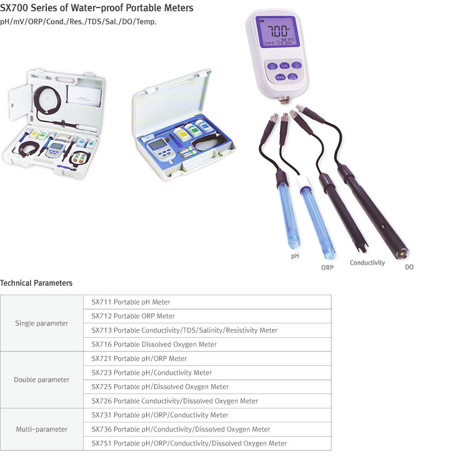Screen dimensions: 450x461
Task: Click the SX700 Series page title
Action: pyautogui.click(x=97, y=8)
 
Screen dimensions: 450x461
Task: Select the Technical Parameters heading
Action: pyautogui.click(x=36, y=283)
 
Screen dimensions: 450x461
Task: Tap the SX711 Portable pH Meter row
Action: pyautogui.click(x=131, y=302)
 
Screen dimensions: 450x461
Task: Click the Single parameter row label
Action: pyautogui.click(x=42, y=323)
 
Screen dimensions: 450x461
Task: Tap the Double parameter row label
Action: pyautogui.click(x=42, y=380)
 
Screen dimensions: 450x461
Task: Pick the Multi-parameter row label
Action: pyautogui.click(x=42, y=429)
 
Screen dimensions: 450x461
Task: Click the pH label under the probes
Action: pyautogui.click(x=295, y=256)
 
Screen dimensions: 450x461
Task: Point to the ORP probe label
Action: pyautogui.click(x=327, y=268)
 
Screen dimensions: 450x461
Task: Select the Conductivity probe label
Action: pyautogui.click(x=367, y=263)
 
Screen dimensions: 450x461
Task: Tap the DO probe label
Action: pyautogui.click(x=409, y=267)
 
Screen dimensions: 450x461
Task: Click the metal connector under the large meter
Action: pyautogui.click(x=284, y=100)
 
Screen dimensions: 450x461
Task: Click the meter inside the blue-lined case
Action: pyautogui.click(x=161, y=148)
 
